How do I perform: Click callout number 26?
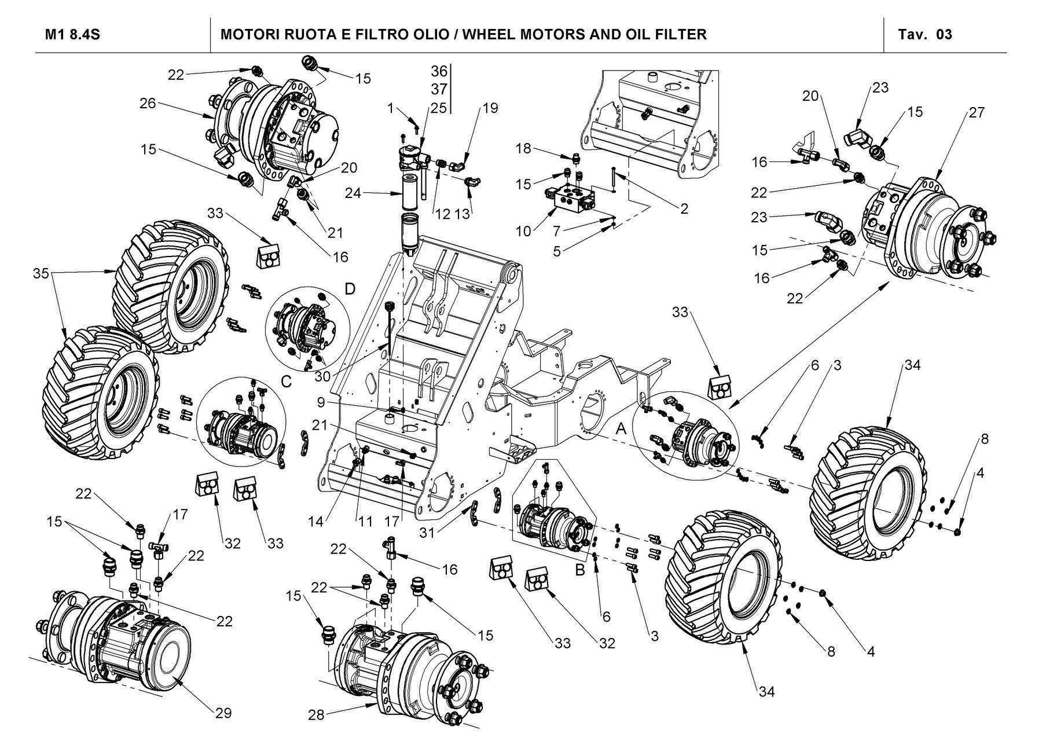148,104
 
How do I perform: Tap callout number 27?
976,112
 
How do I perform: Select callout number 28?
315,715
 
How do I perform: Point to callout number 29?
223,713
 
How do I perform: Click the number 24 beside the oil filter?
353,193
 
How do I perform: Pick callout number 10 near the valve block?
523,232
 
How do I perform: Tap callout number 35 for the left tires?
41,273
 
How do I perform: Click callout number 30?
323,376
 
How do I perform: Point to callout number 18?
523,149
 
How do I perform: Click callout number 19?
490,108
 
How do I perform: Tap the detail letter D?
350,288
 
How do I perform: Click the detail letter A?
621,428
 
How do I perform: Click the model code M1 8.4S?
73,34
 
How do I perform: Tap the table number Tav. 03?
925,34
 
